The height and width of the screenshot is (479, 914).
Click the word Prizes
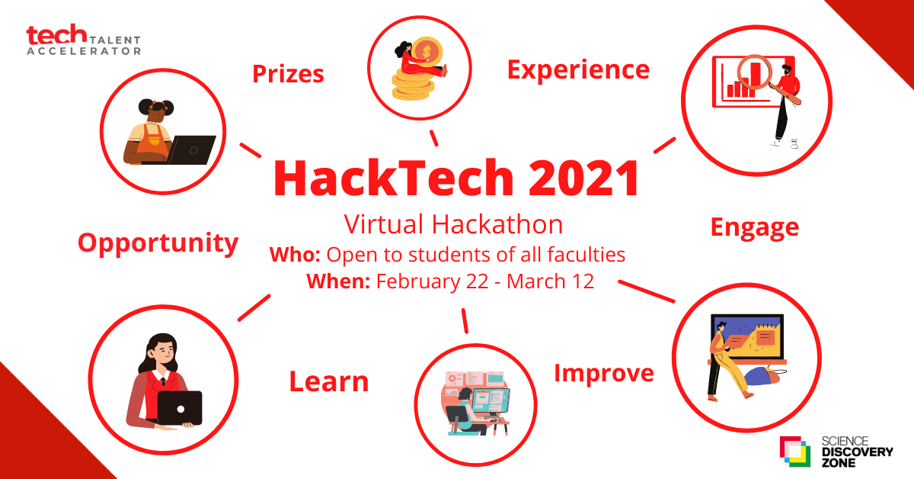click(x=288, y=74)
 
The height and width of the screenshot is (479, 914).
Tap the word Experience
click(x=578, y=70)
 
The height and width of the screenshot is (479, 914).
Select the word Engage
click(x=755, y=228)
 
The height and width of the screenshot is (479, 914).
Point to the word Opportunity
click(x=158, y=243)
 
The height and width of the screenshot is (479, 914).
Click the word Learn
click(x=329, y=381)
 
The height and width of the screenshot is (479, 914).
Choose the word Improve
click(x=604, y=374)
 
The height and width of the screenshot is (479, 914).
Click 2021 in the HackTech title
click(x=584, y=178)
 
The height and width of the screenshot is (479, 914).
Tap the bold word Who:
click(x=295, y=255)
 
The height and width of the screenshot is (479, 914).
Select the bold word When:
click(x=338, y=281)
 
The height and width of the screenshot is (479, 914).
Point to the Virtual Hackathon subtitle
click(x=453, y=224)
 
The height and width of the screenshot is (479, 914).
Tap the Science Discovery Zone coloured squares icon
click(x=795, y=452)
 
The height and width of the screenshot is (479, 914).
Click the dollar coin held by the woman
click(x=427, y=52)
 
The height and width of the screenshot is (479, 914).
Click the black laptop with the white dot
click(x=180, y=408)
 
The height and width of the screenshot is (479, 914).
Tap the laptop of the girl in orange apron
click(x=191, y=150)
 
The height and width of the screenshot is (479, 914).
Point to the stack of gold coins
click(x=413, y=85)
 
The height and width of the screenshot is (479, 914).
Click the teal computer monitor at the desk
click(x=491, y=402)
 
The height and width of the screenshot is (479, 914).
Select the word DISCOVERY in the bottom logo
click(x=858, y=452)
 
